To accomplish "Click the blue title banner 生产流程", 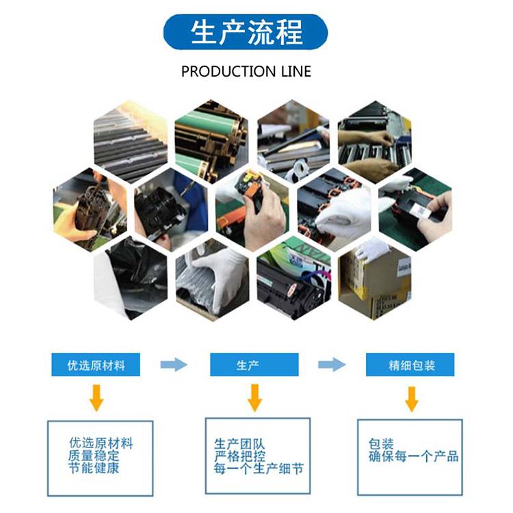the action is click(246, 32).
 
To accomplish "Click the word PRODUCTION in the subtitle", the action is click(228, 71).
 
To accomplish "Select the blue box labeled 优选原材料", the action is click(96, 365).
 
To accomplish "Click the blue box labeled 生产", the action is click(254, 365).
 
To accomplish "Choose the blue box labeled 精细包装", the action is click(410, 365).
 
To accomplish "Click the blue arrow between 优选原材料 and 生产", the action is click(174, 365).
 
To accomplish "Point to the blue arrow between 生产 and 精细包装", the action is click(332, 365).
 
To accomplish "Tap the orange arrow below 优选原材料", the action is click(96, 398).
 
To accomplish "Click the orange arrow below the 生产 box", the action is click(254, 398).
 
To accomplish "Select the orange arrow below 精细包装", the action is click(412, 399).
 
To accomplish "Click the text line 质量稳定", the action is click(94, 456).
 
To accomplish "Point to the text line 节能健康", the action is click(94, 468).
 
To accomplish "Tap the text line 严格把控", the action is click(240, 456).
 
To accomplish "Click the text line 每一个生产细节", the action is click(259, 469).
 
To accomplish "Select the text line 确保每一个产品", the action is click(414, 456).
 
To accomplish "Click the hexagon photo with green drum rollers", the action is click(211, 141).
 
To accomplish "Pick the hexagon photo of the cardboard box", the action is click(375, 278).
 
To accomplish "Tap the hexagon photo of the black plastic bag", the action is click(131, 278).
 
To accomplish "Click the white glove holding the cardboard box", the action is click(372, 250).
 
